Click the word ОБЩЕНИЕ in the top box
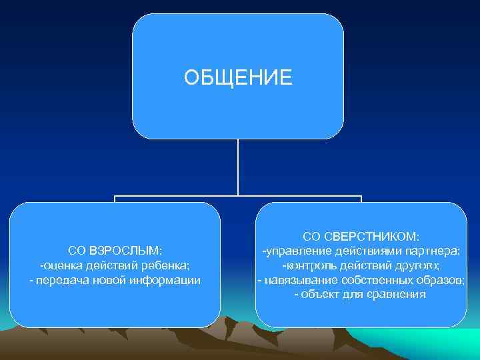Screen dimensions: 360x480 point(238,78)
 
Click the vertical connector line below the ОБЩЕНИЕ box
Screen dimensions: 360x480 point(238,167)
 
